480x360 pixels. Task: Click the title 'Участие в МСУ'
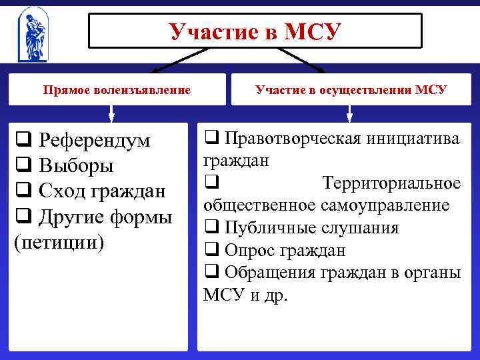coord(255,31)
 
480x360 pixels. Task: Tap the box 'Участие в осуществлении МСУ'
coord(351,89)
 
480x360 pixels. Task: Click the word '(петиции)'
coord(59,241)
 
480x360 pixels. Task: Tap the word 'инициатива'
coord(417,138)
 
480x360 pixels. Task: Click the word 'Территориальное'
coord(391,183)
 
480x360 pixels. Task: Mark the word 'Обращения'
coord(267,272)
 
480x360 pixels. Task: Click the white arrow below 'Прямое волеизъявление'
coord(111,114)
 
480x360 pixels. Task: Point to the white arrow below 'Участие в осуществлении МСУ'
coord(349,114)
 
